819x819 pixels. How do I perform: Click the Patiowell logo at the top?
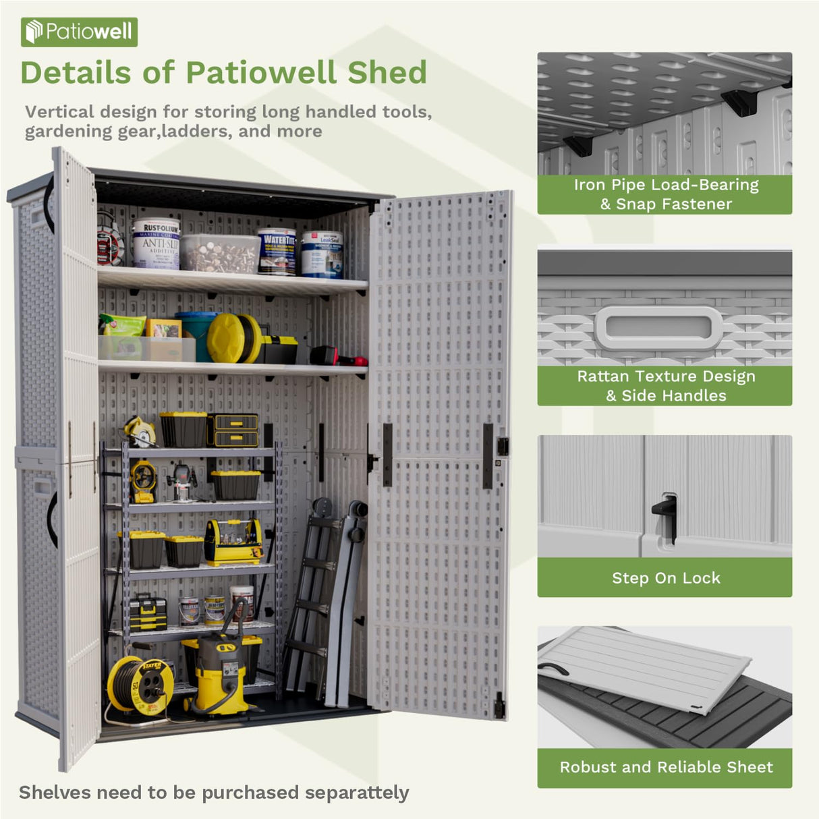[x=79, y=32]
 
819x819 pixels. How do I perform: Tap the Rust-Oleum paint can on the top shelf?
[x=156, y=244]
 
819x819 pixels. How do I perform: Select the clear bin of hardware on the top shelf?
[x=219, y=253]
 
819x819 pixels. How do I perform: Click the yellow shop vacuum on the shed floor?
[x=223, y=675]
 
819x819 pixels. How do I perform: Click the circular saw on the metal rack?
[x=140, y=432]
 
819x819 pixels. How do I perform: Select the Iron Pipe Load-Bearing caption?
[x=665, y=194]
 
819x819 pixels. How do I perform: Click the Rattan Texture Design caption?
[x=665, y=386]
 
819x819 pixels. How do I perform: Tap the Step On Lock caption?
[x=665, y=577]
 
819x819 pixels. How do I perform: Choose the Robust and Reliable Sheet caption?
[x=665, y=767]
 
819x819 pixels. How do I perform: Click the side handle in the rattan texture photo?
[x=658, y=328]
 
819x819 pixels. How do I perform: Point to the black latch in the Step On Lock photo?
[x=665, y=513]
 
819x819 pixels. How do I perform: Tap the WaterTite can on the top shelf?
[x=277, y=251]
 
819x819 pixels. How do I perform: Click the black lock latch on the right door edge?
[x=502, y=446]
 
